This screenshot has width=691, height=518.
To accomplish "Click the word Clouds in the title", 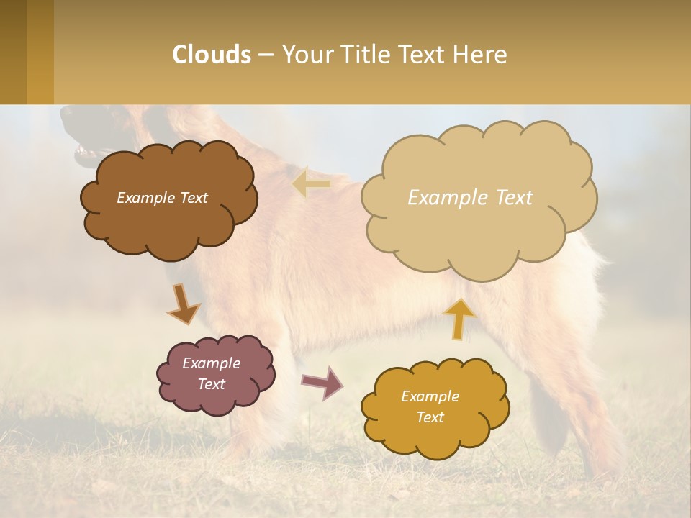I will point(212,55).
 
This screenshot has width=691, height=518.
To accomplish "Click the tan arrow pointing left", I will point(311,184).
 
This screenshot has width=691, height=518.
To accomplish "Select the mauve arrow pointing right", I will point(322,383).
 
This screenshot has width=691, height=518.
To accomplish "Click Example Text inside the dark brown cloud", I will point(162,198).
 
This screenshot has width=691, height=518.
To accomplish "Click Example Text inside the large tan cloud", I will point(470,198).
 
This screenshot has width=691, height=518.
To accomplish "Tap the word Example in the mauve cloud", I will point(211,363).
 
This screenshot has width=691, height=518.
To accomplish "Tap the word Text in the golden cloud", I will point(430,417).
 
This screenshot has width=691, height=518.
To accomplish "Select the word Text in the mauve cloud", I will point(211,384).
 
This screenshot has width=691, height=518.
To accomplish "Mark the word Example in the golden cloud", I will point(430,396).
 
